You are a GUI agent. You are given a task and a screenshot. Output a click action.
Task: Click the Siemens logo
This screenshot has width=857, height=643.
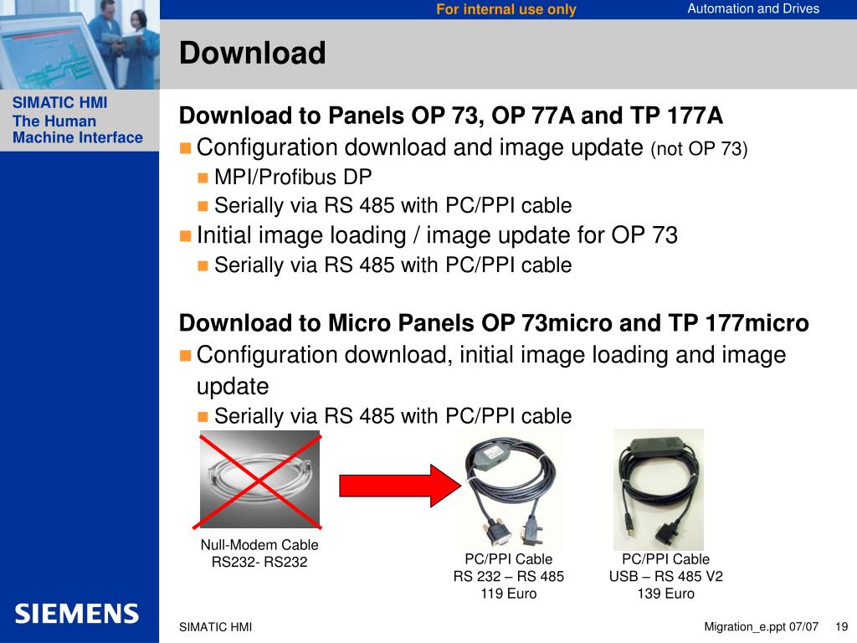pos(76,614)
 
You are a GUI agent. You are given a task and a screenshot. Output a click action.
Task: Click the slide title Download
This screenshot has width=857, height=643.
pos(253,53)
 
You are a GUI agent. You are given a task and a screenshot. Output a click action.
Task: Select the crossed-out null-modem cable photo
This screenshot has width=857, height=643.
pos(259,480)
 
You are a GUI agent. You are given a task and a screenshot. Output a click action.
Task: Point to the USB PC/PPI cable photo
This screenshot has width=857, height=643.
pos(659,489)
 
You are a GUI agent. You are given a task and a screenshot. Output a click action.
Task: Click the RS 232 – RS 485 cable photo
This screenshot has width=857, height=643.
pos(510,489)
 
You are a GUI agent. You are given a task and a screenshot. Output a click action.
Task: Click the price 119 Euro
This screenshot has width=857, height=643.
pos(509,594)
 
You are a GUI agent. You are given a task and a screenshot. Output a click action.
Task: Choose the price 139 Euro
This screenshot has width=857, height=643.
pos(665,594)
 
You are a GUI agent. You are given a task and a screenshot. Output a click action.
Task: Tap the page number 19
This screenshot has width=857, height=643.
pos(842,626)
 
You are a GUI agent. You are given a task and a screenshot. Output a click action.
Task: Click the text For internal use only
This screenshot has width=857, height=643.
pos(506,9)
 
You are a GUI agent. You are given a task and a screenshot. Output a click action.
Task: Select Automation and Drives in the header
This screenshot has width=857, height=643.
pos(753,8)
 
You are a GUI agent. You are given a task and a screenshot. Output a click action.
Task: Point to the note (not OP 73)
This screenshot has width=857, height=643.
pos(699,149)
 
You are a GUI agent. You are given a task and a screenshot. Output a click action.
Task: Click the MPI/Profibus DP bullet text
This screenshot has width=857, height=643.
pos(293,177)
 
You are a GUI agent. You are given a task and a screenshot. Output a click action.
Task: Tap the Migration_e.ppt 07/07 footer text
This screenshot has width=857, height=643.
pos(762,626)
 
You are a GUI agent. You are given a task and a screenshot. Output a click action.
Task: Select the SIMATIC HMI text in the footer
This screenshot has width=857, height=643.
pos(215,627)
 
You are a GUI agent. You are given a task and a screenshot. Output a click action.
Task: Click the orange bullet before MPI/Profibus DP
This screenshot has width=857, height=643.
pos(203,177)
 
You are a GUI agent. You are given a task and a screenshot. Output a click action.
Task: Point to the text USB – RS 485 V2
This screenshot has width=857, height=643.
pos(665,576)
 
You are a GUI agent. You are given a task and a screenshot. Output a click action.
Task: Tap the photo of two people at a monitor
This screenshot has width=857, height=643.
pos(80,45)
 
